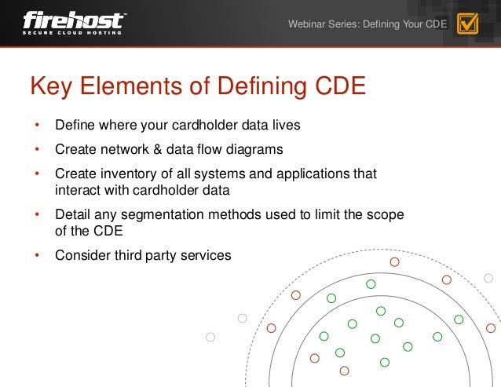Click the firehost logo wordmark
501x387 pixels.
point(75,19)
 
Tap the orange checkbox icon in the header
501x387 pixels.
point(467,24)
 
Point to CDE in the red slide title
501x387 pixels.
point(338,86)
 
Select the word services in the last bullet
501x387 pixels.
point(207,255)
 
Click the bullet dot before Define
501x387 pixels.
point(35,126)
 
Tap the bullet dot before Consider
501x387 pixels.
point(35,255)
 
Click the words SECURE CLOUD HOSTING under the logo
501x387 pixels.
point(72,32)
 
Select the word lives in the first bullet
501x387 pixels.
point(284,126)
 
